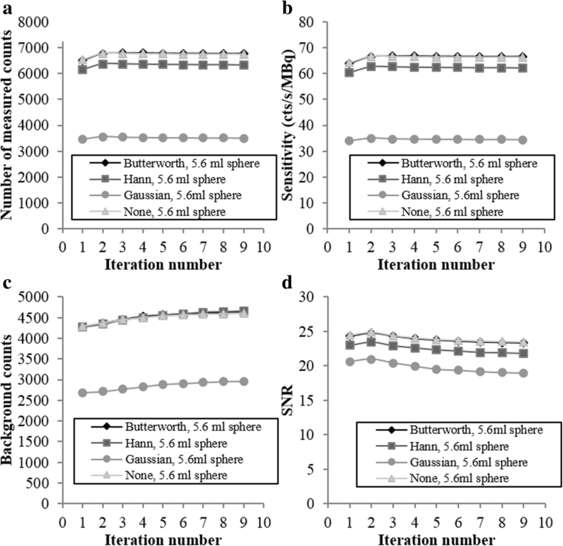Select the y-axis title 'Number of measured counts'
(10, 126)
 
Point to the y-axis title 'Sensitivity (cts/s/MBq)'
(294, 126)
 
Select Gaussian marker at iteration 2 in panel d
(371, 359)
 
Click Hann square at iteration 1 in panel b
(349, 72)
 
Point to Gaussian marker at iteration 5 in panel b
(433, 139)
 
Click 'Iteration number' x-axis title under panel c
(163, 537)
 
